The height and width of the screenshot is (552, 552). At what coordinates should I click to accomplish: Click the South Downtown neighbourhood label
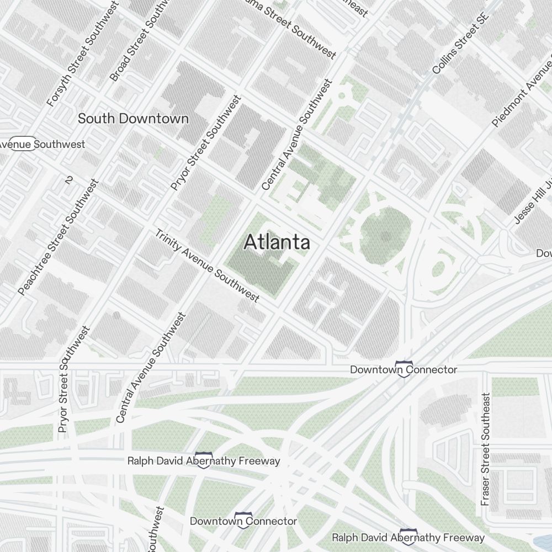(x=133, y=119)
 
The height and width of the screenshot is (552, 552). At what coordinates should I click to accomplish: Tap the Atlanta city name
(x=277, y=242)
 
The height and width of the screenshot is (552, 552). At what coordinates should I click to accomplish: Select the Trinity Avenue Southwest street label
(x=206, y=266)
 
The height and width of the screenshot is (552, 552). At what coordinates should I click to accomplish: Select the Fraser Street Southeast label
(x=486, y=449)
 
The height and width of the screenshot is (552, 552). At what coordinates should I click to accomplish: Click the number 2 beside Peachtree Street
(x=69, y=180)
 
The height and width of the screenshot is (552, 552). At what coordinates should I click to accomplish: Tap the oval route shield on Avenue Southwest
(x=23, y=144)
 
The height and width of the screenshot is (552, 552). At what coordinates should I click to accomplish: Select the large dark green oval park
(x=386, y=237)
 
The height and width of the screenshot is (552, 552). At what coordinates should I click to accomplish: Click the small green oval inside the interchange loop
(x=439, y=269)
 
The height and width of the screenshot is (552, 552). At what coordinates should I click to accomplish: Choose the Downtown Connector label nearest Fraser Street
(x=404, y=369)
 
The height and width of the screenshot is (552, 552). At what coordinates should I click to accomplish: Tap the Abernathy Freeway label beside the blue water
(x=408, y=537)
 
